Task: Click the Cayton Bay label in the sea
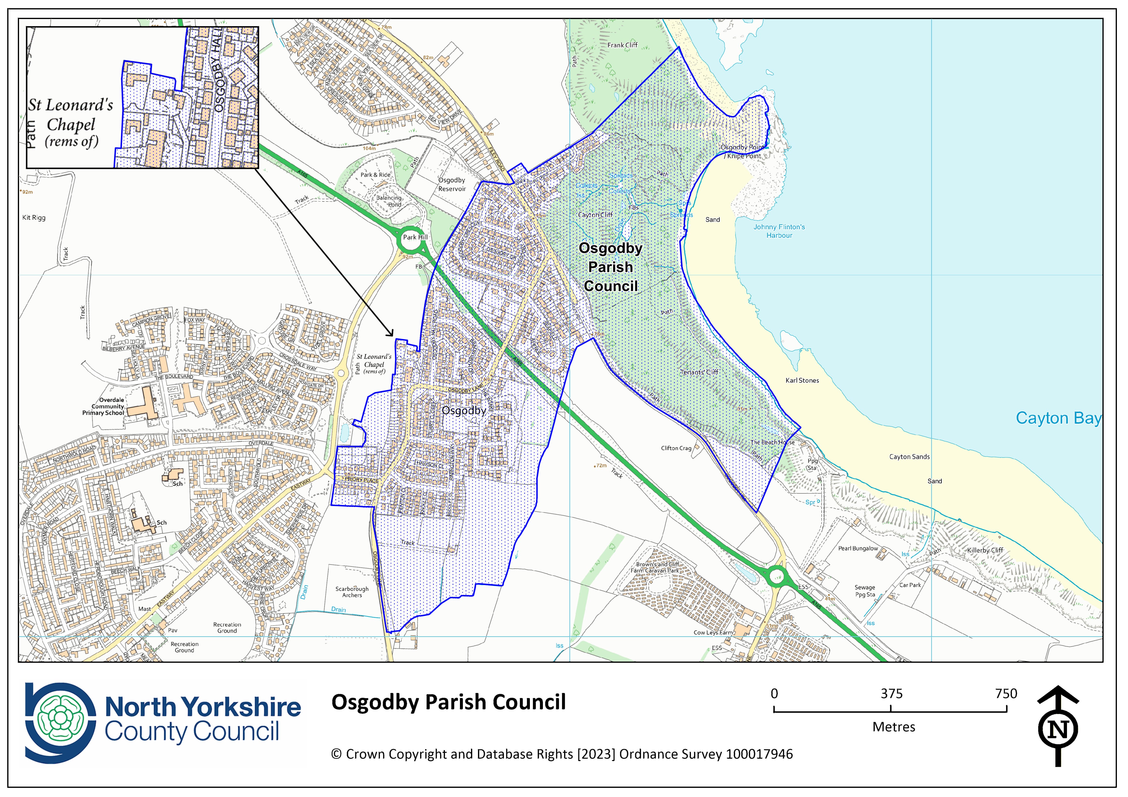coord(1058,418)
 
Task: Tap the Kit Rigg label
coord(34,218)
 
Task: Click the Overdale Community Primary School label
coord(104,407)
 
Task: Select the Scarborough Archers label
coord(352,592)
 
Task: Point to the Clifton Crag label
coord(676,448)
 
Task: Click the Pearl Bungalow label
coord(858,549)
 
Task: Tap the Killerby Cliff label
coord(985,550)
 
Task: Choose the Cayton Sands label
coord(909,457)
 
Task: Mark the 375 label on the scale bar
coord(891,694)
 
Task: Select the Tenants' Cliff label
coord(699,372)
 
